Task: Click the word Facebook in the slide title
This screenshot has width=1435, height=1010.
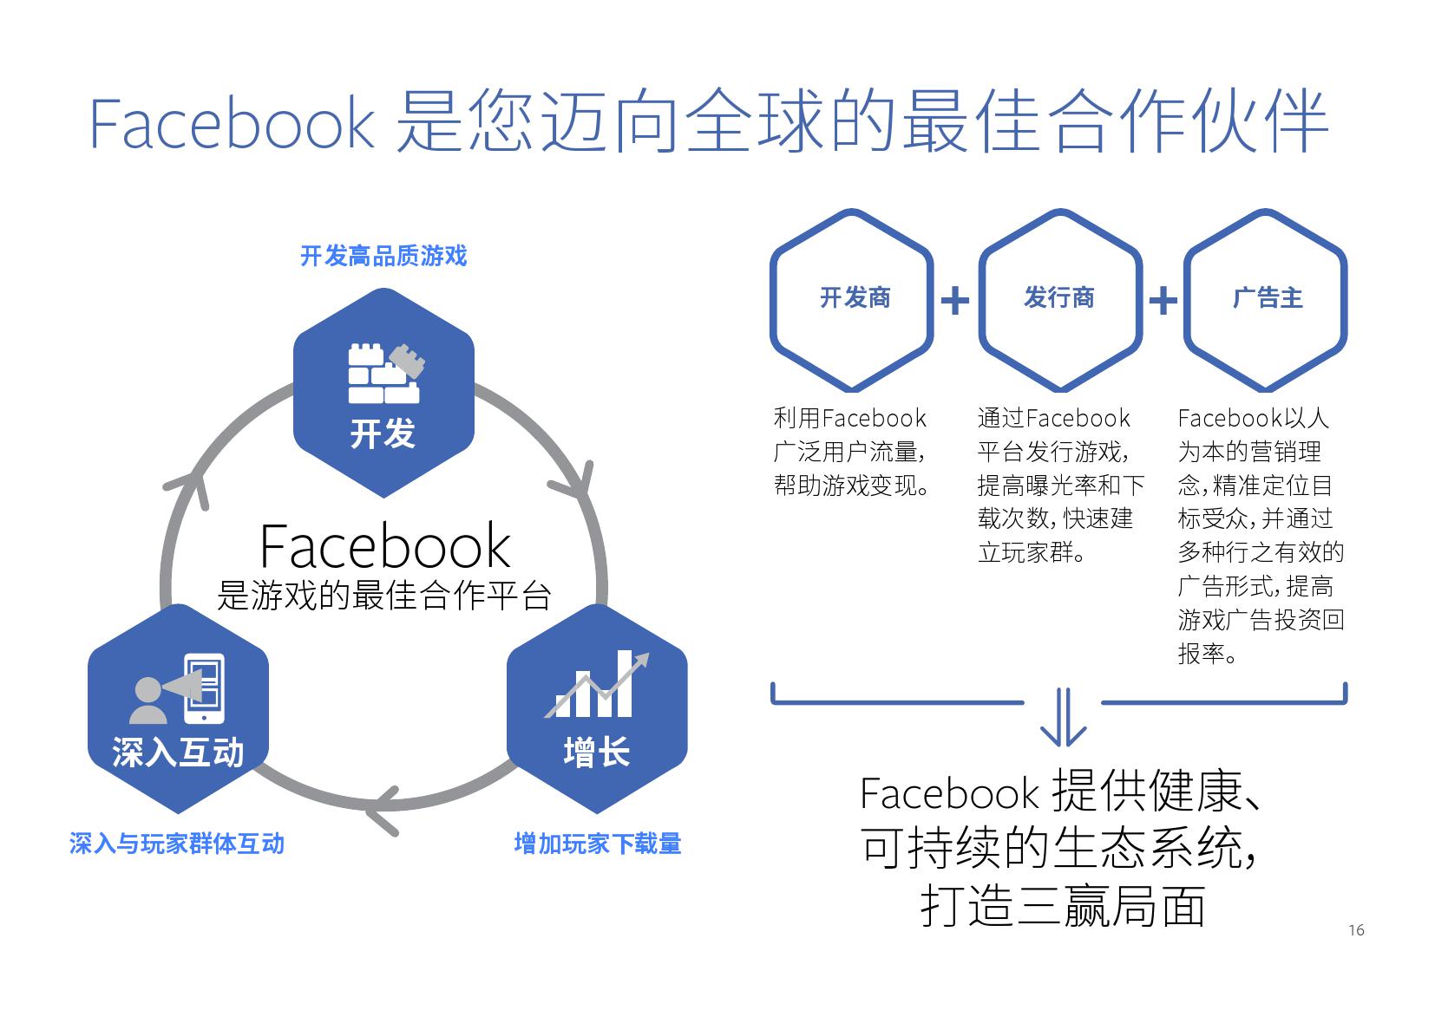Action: (232, 124)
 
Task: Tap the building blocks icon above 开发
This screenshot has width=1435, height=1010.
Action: (383, 374)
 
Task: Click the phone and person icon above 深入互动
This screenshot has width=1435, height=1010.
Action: (178, 689)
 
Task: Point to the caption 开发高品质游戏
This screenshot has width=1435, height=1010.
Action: (383, 256)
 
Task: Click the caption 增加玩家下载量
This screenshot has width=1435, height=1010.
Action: (597, 844)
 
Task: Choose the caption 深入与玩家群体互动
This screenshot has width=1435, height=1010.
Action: (177, 844)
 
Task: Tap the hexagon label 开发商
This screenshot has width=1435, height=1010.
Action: (855, 298)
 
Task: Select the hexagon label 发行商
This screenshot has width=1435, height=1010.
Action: (1058, 298)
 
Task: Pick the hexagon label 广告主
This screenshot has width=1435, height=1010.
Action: (1267, 298)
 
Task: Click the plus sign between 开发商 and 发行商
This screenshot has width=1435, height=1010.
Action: (954, 300)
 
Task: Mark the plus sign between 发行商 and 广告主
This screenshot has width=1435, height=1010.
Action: (1163, 300)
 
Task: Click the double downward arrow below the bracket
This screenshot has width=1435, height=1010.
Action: (1062, 718)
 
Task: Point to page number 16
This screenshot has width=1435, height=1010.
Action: (1356, 930)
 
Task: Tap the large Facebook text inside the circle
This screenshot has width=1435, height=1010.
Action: (384, 545)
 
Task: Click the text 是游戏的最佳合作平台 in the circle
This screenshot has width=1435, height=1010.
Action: (384, 596)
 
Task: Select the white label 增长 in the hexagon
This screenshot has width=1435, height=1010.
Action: (597, 752)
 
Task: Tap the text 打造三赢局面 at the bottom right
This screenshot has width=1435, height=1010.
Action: (1062, 907)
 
